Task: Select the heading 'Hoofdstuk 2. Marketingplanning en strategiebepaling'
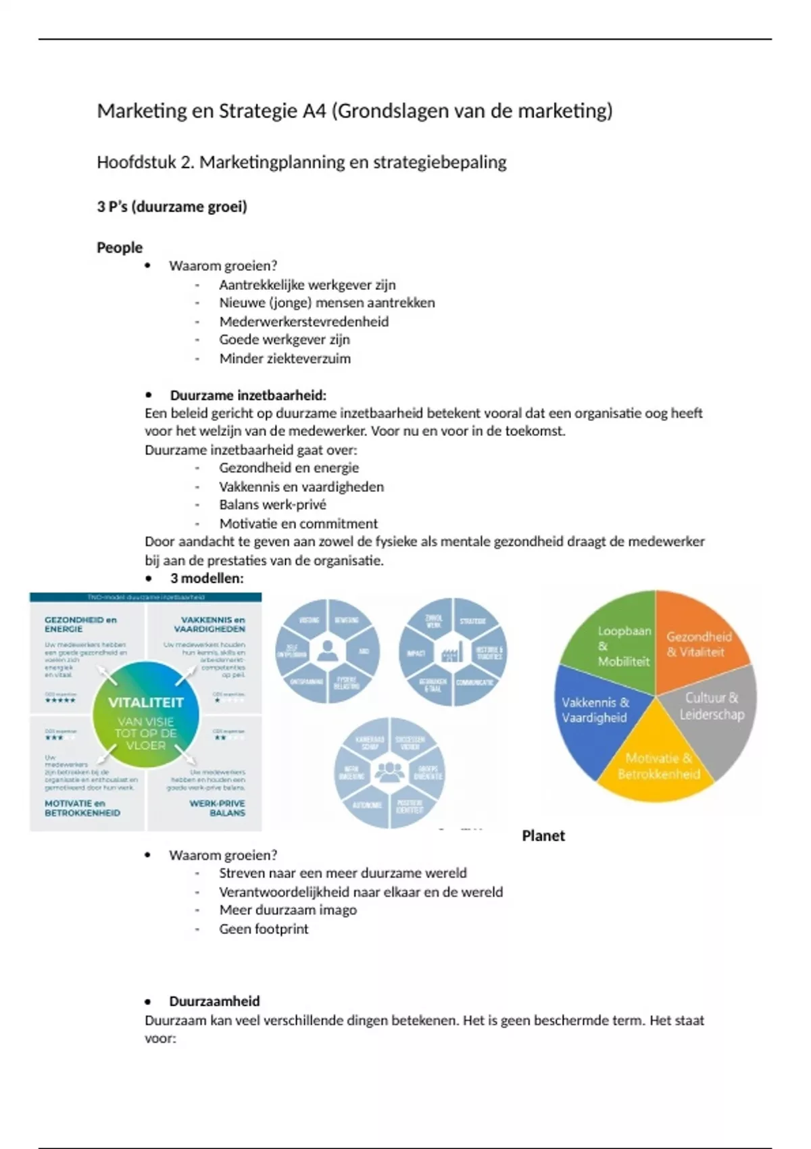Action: (x=301, y=162)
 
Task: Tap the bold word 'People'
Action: (x=120, y=247)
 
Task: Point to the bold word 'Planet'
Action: (x=543, y=836)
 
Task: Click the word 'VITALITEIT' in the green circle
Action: (x=146, y=702)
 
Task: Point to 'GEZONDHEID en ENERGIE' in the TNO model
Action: (x=80, y=624)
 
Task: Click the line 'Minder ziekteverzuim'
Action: (x=285, y=358)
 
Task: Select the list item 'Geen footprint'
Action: (x=264, y=929)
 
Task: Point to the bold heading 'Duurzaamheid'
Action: (x=214, y=1001)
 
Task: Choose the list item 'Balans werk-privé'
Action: (x=272, y=504)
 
